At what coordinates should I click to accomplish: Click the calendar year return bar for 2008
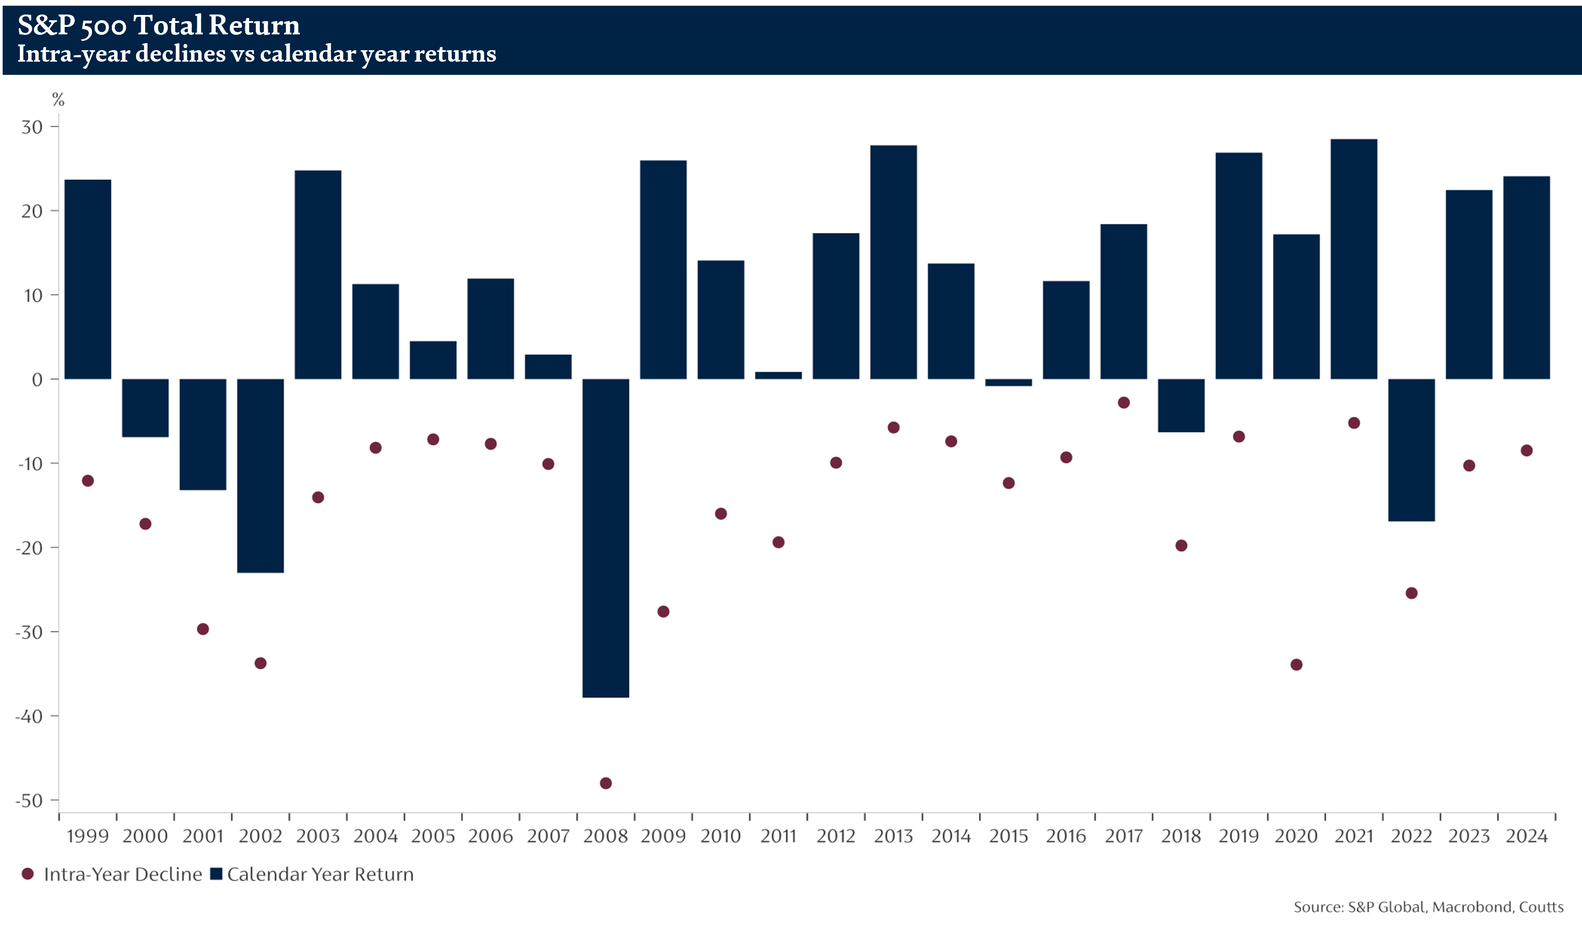click(x=605, y=538)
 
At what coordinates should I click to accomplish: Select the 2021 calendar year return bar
click(x=1354, y=259)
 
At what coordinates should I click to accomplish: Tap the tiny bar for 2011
click(x=778, y=375)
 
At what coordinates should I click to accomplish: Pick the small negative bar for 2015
click(x=1008, y=382)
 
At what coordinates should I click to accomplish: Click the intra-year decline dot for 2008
click(x=606, y=783)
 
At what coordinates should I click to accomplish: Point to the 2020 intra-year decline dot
click(x=1296, y=664)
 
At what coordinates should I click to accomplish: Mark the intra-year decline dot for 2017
click(x=1124, y=402)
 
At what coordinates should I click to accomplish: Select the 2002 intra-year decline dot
click(x=260, y=663)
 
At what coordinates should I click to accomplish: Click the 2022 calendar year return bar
click(x=1411, y=450)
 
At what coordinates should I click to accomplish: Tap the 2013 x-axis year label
click(x=893, y=836)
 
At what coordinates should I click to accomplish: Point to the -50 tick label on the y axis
click(x=30, y=801)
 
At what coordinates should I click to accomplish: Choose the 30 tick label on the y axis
click(x=32, y=127)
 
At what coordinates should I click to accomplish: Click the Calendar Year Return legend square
click(x=216, y=874)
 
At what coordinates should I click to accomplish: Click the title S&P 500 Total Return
click(x=159, y=25)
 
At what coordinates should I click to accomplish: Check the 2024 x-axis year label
click(x=1527, y=836)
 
